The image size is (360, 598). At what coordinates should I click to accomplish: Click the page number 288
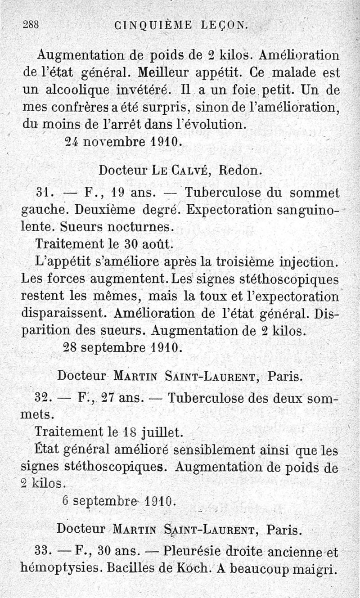pos(31,25)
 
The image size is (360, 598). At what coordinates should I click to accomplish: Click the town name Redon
pos(239,170)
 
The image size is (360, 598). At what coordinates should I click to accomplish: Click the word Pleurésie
pos(196,551)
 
